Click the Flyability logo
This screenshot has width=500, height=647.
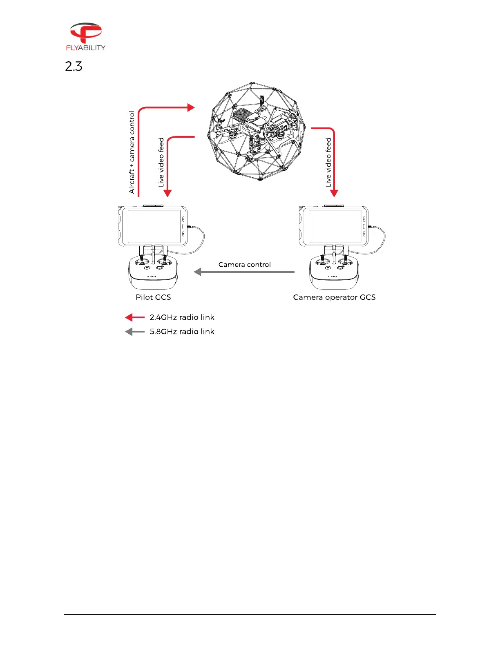tap(86, 36)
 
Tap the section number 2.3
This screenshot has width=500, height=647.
tap(74, 66)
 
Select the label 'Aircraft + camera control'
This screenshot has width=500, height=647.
tap(132, 152)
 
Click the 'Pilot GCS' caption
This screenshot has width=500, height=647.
tap(153, 297)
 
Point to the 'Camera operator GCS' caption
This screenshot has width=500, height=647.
tap(334, 297)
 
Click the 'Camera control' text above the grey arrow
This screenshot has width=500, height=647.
tap(244, 265)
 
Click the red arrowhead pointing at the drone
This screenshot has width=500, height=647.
tap(191, 107)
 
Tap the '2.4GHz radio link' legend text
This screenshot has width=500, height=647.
tap(182, 317)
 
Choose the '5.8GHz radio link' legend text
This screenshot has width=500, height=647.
tap(182, 332)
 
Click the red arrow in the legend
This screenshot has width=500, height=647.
tap(135, 317)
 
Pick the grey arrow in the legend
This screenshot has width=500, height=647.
tap(135, 332)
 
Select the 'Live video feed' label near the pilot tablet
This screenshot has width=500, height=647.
tap(161, 162)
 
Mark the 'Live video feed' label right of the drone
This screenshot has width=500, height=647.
tap(328, 162)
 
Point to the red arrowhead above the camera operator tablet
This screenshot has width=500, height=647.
tap(334, 193)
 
